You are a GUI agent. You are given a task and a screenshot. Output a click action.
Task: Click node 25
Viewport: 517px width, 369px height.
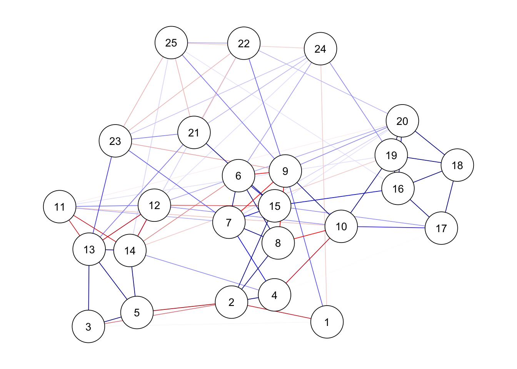pyautogui.click(x=171, y=43)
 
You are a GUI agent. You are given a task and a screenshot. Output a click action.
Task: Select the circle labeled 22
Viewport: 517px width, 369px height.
pyautogui.click(x=244, y=43)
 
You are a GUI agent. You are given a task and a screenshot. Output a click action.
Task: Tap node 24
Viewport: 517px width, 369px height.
pyautogui.click(x=320, y=49)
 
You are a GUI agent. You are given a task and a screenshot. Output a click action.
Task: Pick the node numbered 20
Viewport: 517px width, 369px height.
pyautogui.click(x=402, y=121)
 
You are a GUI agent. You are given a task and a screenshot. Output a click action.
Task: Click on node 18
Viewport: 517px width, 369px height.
pyautogui.click(x=457, y=165)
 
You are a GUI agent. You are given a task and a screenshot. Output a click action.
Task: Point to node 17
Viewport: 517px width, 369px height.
pyautogui.click(x=441, y=228)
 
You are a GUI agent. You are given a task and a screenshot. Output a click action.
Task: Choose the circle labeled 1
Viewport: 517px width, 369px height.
pyautogui.click(x=327, y=322)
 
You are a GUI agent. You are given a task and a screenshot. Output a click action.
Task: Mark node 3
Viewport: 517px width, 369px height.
pyautogui.click(x=88, y=327)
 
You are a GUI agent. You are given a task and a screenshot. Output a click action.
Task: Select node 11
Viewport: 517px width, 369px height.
pyautogui.click(x=60, y=207)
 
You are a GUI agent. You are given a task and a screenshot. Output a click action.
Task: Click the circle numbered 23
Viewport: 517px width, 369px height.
pyautogui.click(x=115, y=141)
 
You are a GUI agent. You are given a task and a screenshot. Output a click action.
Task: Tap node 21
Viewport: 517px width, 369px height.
pyautogui.click(x=194, y=133)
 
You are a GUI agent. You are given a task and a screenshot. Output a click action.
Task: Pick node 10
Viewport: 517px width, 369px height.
pyautogui.click(x=341, y=226)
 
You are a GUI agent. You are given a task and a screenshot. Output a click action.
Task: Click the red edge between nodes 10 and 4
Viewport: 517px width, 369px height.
pyautogui.click(x=308, y=261)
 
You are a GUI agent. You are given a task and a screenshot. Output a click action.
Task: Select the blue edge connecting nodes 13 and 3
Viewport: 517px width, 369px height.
pyautogui.click(x=89, y=288)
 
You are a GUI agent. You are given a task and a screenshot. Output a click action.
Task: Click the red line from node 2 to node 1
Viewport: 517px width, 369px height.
pyautogui.click(x=279, y=312)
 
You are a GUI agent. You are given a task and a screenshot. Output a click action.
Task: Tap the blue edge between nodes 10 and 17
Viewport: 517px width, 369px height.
pyautogui.click(x=391, y=227)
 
